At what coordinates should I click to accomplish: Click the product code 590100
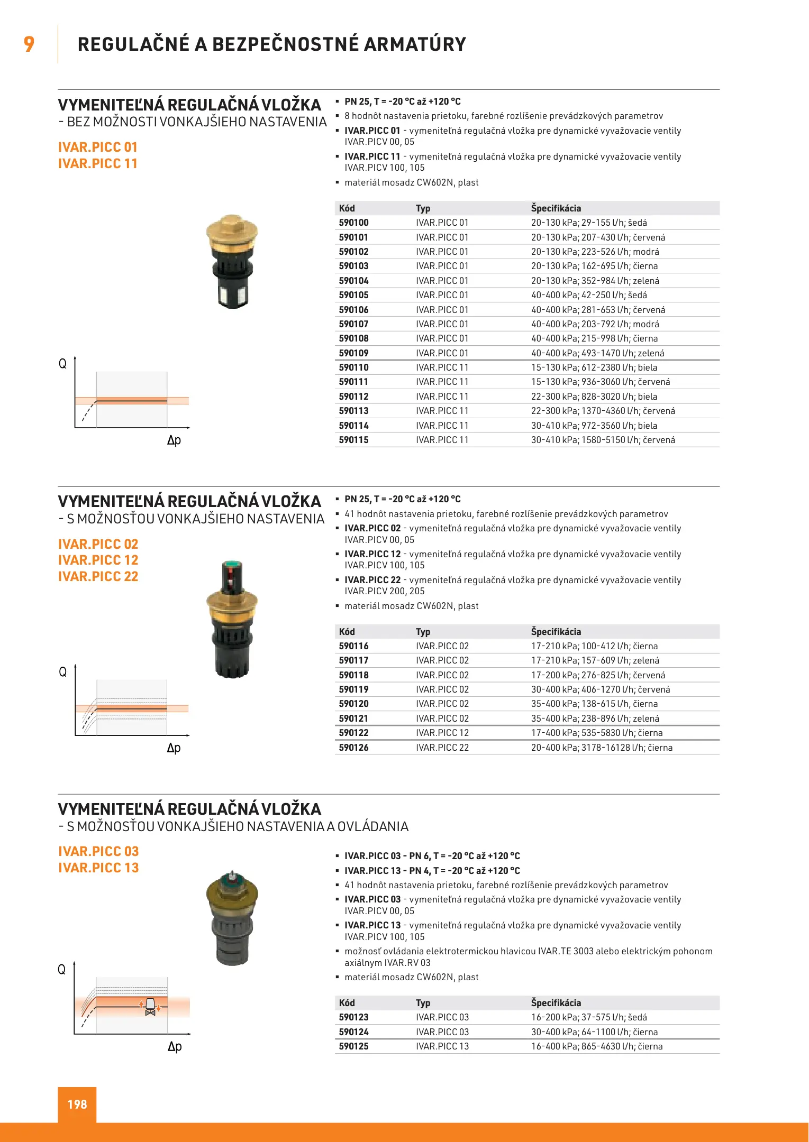click(x=353, y=223)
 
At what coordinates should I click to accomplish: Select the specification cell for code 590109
click(x=597, y=353)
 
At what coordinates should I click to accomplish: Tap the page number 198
click(x=77, y=1104)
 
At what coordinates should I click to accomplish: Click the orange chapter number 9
click(x=29, y=44)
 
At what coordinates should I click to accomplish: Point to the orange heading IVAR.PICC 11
click(x=98, y=164)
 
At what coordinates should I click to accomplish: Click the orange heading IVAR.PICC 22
click(x=98, y=577)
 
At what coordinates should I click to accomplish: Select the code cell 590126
click(x=353, y=748)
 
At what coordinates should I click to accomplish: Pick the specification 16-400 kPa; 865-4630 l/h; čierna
click(x=596, y=1046)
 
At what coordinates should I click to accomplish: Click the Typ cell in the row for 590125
click(x=442, y=1046)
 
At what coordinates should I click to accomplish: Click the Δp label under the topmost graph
click(x=174, y=440)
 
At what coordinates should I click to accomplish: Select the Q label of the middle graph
click(x=62, y=672)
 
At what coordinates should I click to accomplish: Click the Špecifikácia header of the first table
click(x=556, y=208)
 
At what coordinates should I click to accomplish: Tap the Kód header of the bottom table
click(x=347, y=1003)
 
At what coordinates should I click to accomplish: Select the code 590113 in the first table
click(x=353, y=411)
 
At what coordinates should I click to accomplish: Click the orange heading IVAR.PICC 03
click(x=98, y=852)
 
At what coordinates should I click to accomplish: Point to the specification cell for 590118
click(x=598, y=675)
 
